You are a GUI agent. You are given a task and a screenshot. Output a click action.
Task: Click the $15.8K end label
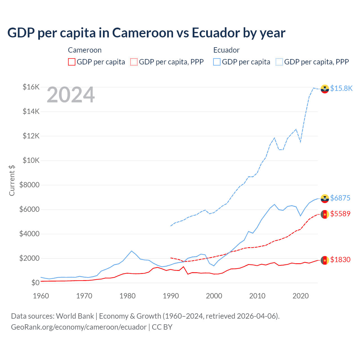click(341, 88)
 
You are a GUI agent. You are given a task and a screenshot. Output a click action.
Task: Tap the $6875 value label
click(340, 198)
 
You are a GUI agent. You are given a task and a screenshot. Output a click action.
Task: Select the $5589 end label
click(340, 214)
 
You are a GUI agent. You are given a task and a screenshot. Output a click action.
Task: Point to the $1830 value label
click(340, 260)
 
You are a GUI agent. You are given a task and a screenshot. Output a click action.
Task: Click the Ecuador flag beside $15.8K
click(325, 89)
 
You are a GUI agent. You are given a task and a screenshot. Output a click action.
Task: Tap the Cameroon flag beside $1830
click(325, 260)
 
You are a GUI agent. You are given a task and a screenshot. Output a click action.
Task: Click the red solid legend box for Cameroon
click(72, 62)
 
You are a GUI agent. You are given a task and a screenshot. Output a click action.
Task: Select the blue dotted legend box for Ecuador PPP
click(279, 62)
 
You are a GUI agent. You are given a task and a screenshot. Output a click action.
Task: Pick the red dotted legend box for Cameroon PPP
click(134, 62)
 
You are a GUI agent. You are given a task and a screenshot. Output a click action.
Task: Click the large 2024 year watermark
click(71, 95)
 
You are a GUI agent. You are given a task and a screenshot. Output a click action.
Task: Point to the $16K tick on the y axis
click(31, 87)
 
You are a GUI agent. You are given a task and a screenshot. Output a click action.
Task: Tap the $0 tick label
click(35, 283)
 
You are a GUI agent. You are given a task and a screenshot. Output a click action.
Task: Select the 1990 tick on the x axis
click(171, 296)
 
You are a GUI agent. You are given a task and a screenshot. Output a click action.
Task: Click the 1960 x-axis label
click(41, 296)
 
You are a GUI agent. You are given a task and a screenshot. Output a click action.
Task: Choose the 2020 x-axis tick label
click(300, 296)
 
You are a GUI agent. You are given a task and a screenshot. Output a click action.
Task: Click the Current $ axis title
click(12, 180)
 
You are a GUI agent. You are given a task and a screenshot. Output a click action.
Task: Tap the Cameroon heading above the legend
click(85, 50)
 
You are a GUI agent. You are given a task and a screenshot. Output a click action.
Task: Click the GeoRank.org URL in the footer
click(79, 327)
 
